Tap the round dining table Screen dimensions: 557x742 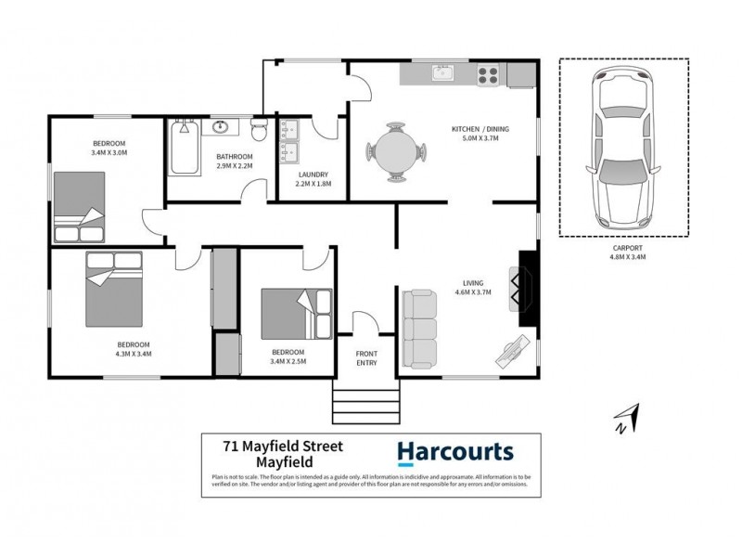point(397,151)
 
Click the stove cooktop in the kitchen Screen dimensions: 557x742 point(489,73)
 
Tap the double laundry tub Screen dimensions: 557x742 point(292,141)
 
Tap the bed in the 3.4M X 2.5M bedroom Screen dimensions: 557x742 point(295,314)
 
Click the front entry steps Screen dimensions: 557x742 point(352,405)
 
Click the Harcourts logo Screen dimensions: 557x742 point(454,452)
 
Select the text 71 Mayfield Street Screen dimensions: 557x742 point(283,447)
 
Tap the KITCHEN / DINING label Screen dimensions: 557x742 point(480,128)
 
